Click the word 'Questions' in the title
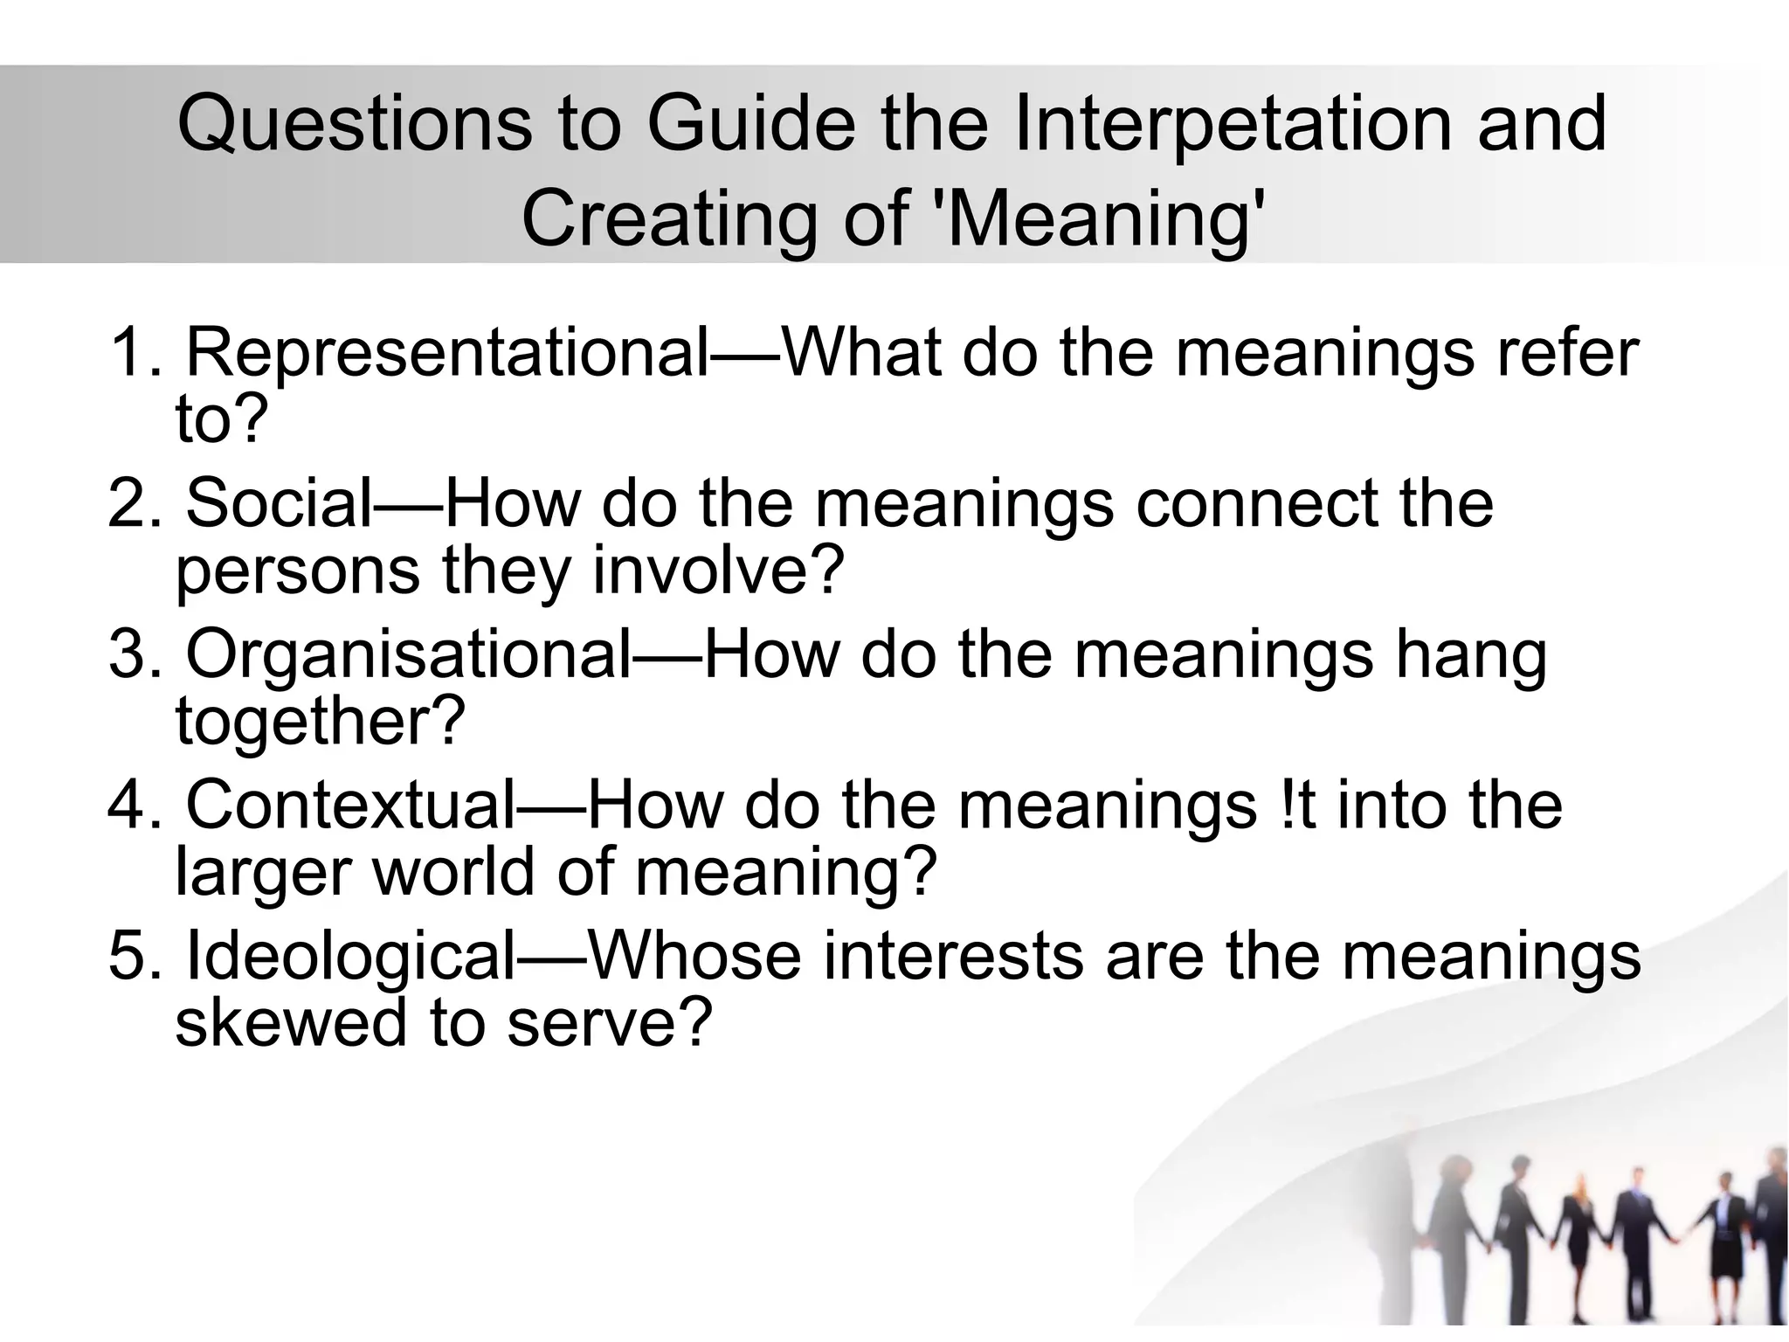point(355,124)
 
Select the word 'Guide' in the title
point(751,124)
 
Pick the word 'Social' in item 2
point(280,505)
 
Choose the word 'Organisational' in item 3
point(407,655)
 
